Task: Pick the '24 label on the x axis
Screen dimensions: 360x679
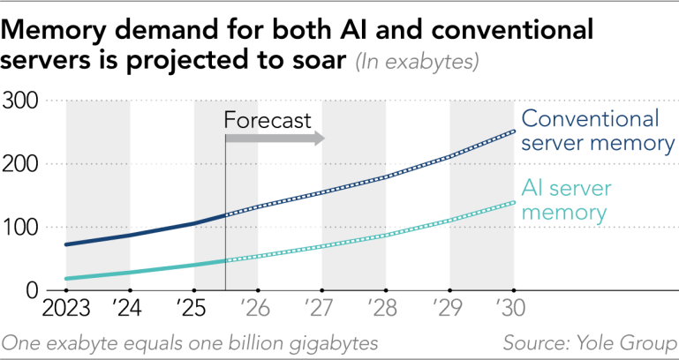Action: pyautogui.click(x=130, y=311)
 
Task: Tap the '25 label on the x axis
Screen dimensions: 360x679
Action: pyautogui.click(x=193, y=311)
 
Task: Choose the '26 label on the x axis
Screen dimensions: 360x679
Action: pyautogui.click(x=257, y=311)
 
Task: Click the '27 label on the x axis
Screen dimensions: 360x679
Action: pyautogui.click(x=321, y=311)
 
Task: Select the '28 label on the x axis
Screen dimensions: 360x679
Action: pyautogui.click(x=385, y=311)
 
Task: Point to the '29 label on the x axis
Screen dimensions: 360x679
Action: pyautogui.click(x=449, y=311)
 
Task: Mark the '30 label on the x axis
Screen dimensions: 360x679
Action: pyautogui.click(x=514, y=311)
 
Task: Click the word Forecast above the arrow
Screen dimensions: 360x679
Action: pyautogui.click(x=268, y=120)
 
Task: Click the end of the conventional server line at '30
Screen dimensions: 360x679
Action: pyautogui.click(x=514, y=131)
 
